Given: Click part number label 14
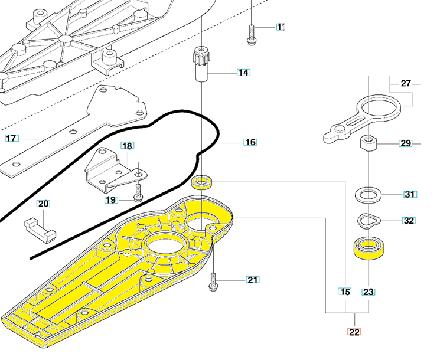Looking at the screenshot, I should pyautogui.click(x=243, y=73).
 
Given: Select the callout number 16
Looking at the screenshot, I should pyautogui.click(x=250, y=142).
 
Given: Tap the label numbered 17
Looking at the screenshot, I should pyautogui.click(x=12, y=138).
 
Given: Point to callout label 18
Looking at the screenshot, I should pyautogui.click(x=128, y=146).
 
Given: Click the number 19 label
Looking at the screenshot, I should pyautogui.click(x=111, y=200).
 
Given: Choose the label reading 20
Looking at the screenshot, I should pyautogui.click(x=43, y=204).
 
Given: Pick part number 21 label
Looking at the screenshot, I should pyautogui.click(x=253, y=279).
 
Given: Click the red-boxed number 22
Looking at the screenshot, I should pyautogui.click(x=354, y=332).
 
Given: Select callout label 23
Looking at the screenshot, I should pyautogui.click(x=368, y=292).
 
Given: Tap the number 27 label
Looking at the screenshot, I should pyautogui.click(x=406, y=84).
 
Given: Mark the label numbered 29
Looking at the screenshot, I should pyautogui.click(x=406, y=143).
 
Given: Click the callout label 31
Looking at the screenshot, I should pyautogui.click(x=410, y=194).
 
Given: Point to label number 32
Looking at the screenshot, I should pyautogui.click(x=409, y=221).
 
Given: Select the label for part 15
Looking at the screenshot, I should pyautogui.click(x=345, y=292).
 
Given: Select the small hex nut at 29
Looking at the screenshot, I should pyautogui.click(x=368, y=143).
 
